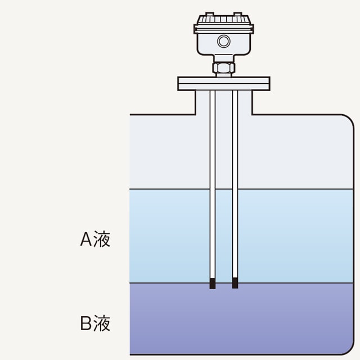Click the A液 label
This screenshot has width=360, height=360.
click(x=95, y=240)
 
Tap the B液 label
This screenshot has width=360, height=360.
click(x=95, y=324)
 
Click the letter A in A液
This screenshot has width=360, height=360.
click(x=86, y=240)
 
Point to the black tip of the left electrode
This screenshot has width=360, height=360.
click(x=213, y=283)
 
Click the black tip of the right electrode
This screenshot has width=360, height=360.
click(x=235, y=283)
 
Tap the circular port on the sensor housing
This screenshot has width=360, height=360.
click(x=224, y=41)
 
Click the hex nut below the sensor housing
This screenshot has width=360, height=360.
click(x=224, y=67)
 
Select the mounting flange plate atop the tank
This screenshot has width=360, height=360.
click(x=224, y=83)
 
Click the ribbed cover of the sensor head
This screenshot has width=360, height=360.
click(x=224, y=24)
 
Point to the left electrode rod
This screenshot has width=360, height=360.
click(x=213, y=186)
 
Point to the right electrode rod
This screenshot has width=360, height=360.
click(x=235, y=186)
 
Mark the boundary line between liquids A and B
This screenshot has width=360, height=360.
click(x=292, y=283)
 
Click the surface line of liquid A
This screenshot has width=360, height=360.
click(x=292, y=189)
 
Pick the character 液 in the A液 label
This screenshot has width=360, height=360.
click(x=102, y=240)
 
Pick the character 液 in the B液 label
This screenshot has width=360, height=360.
click(x=102, y=324)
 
